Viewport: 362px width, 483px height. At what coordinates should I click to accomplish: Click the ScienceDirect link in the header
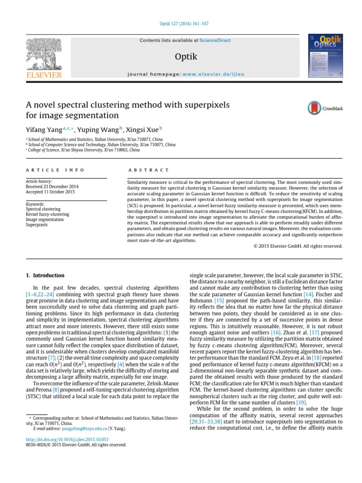[x=215, y=41]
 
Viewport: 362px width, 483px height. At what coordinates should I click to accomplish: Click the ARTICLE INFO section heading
[x=55, y=170]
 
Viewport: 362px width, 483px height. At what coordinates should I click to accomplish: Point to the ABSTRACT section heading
[x=148, y=170]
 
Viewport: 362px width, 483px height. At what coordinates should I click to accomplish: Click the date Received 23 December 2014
[x=52, y=187]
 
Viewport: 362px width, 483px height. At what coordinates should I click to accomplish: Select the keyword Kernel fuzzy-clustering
[x=47, y=214]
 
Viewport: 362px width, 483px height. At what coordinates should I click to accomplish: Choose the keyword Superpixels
[x=37, y=225]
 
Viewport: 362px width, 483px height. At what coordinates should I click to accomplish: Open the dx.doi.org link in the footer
[x=66, y=439]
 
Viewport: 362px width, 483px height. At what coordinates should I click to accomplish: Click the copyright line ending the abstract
[x=298, y=246]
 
